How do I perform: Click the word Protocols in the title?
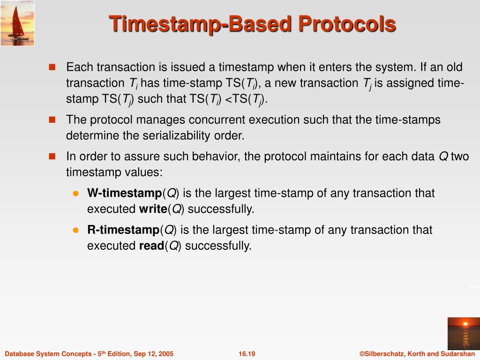tap(347, 24)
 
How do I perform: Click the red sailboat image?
tap(17, 23)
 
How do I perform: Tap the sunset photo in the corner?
tap(464, 334)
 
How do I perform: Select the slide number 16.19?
tap(247, 354)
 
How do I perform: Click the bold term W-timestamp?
tap(124, 193)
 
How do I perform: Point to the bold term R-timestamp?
tap(123, 230)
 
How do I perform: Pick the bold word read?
tap(151, 246)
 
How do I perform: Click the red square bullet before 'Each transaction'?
tap(52, 67)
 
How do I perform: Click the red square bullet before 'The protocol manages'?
tap(52, 120)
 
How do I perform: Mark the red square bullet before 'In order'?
tap(52, 157)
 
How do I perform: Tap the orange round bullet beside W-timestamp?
tap(76, 194)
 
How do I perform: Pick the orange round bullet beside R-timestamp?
tap(76, 230)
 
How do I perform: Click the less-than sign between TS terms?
tap(228, 99)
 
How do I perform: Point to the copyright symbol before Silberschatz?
tap(362, 354)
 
